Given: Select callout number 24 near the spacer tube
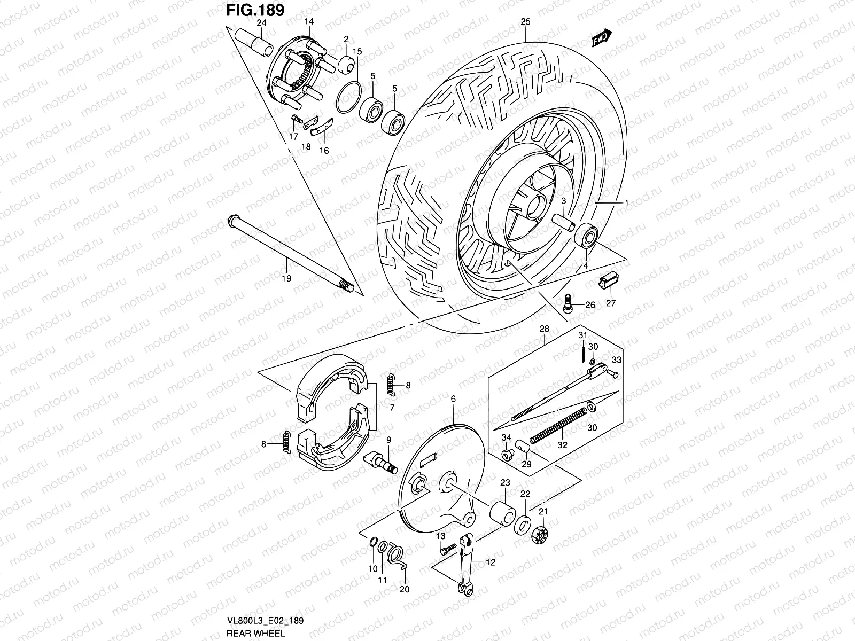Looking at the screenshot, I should (261, 22).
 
